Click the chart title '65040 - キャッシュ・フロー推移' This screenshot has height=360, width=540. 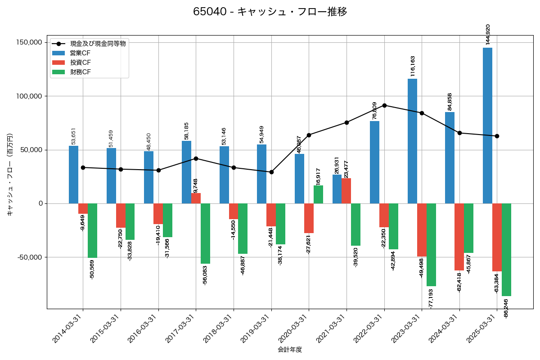pyautogui.click(x=270, y=12)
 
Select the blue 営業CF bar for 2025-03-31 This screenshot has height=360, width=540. pyautogui.click(x=487, y=126)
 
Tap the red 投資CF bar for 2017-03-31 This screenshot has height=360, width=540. pyautogui.click(x=196, y=198)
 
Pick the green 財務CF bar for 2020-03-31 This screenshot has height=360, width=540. pyautogui.click(x=318, y=194)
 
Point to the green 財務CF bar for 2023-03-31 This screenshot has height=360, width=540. pyautogui.click(x=431, y=245)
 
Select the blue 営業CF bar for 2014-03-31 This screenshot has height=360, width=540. pyautogui.click(x=73, y=175)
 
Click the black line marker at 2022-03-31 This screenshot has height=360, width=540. pyautogui.click(x=384, y=105)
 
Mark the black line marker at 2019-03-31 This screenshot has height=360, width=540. pyautogui.click(x=271, y=172)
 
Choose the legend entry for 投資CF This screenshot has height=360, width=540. pyautogui.click(x=80, y=62)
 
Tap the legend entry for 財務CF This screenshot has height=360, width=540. pyautogui.click(x=80, y=72)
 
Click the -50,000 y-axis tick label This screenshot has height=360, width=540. pyautogui.click(x=28, y=257)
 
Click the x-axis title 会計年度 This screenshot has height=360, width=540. pyautogui.click(x=290, y=349)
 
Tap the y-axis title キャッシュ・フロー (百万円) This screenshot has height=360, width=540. pyautogui.click(x=10, y=175)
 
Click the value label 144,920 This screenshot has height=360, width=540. pyautogui.click(x=488, y=35)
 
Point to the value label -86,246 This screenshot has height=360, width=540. pyautogui.click(x=506, y=308)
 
